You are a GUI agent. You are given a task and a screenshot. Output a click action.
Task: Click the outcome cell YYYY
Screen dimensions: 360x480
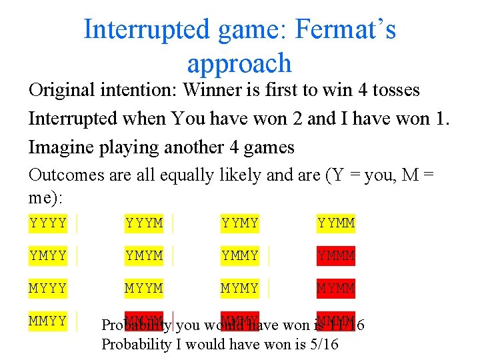[48, 223]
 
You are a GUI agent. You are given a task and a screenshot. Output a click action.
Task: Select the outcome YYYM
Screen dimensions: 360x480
[144, 223]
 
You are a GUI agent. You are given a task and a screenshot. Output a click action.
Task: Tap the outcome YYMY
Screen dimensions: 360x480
[240, 223]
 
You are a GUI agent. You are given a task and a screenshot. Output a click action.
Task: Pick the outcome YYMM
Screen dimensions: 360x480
[336, 223]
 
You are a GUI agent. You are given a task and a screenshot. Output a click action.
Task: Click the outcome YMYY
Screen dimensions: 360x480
[48, 256]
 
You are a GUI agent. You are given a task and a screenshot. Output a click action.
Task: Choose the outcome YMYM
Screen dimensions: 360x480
[144, 256]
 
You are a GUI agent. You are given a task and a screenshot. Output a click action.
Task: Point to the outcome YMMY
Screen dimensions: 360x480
[240, 256]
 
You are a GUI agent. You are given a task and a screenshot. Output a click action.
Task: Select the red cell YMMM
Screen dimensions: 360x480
[336, 256]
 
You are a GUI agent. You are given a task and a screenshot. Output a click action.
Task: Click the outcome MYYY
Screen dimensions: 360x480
[48, 289]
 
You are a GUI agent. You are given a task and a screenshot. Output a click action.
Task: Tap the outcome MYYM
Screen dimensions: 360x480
[144, 289]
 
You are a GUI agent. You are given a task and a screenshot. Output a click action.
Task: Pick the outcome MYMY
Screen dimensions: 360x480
[240, 289]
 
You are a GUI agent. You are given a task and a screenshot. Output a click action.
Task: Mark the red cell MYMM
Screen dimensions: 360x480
[336, 289]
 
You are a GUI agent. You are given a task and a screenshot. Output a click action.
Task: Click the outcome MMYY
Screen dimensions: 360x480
[48, 321]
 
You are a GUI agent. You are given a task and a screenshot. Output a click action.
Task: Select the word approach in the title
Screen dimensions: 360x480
[239, 63]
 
